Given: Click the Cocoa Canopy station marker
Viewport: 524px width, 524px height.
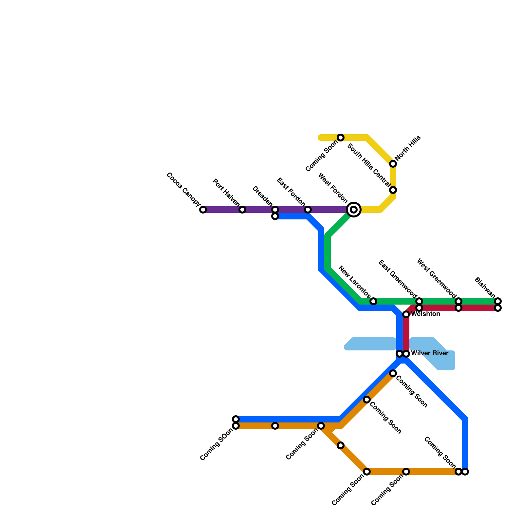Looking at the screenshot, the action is (203, 210).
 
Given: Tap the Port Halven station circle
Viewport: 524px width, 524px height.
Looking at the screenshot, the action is (242, 210).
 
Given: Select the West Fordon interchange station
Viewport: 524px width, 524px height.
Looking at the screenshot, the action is (354, 210).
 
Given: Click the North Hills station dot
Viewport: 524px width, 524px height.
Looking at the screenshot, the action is (393, 164).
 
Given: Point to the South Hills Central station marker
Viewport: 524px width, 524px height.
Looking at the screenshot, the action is (393, 190).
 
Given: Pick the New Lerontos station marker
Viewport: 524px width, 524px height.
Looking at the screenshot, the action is (373, 301).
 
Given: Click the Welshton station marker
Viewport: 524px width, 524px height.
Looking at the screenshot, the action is (406, 314).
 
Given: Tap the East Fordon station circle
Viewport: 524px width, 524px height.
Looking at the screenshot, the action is (308, 210).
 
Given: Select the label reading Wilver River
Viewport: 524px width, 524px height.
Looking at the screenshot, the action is (429, 353).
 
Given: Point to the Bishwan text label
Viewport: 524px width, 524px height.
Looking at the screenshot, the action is (485, 288).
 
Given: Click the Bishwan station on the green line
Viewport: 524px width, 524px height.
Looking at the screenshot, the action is (498, 301).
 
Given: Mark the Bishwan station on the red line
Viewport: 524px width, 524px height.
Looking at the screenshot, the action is (498, 308).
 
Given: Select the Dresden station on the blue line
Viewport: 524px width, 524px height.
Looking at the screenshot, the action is (275, 216).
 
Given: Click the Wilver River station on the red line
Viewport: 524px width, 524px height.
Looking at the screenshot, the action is (406, 354).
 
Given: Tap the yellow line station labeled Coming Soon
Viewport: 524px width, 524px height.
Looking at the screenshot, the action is (341, 138).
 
